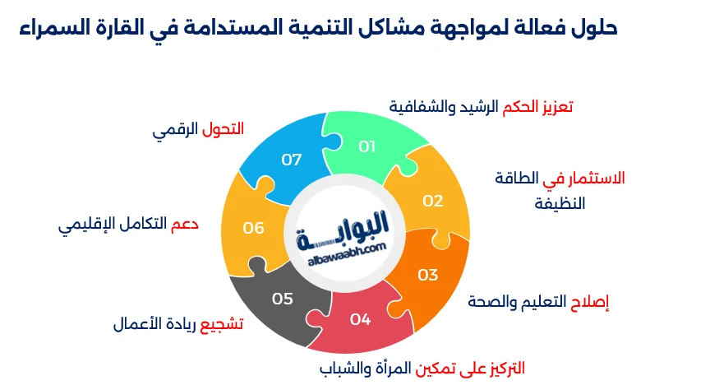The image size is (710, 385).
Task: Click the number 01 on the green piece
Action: [367, 146]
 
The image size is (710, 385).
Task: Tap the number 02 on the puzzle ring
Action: [433, 201]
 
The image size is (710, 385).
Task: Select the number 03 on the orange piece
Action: [428, 275]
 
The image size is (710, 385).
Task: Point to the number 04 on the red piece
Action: [360, 319]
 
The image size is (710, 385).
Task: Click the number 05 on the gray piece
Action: [282, 299]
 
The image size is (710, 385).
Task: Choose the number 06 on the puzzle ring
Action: [253, 228]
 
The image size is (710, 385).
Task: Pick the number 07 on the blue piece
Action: [292, 160]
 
